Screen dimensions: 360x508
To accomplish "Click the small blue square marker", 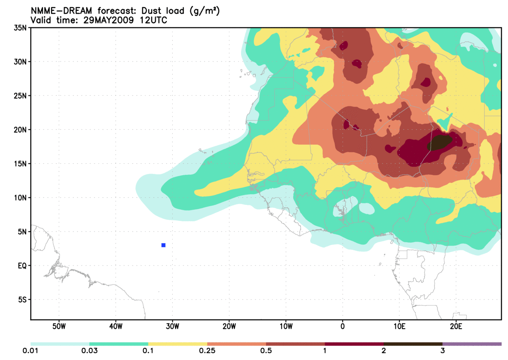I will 163,245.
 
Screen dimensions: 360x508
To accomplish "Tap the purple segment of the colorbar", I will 472,344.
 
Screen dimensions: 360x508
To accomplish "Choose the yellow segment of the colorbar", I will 177,344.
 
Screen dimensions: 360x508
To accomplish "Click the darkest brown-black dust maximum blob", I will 441,142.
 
